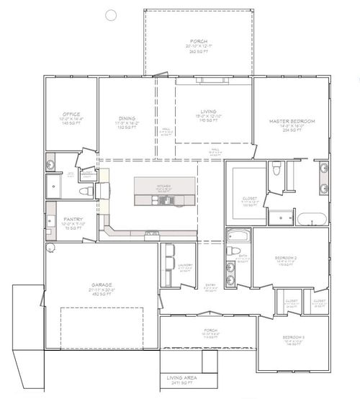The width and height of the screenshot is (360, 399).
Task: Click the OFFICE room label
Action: tap(71, 115)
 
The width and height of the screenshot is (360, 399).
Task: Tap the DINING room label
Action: tap(126, 118)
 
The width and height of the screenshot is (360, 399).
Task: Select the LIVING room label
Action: tap(208, 112)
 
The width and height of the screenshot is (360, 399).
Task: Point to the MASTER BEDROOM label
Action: tap(292, 121)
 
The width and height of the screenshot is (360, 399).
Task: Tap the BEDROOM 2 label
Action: tap(287, 257)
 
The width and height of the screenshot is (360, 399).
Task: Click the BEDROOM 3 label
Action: tap(292, 337)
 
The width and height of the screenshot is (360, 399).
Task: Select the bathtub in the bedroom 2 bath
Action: tap(238, 236)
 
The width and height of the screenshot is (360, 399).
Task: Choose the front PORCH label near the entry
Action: tap(210, 331)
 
